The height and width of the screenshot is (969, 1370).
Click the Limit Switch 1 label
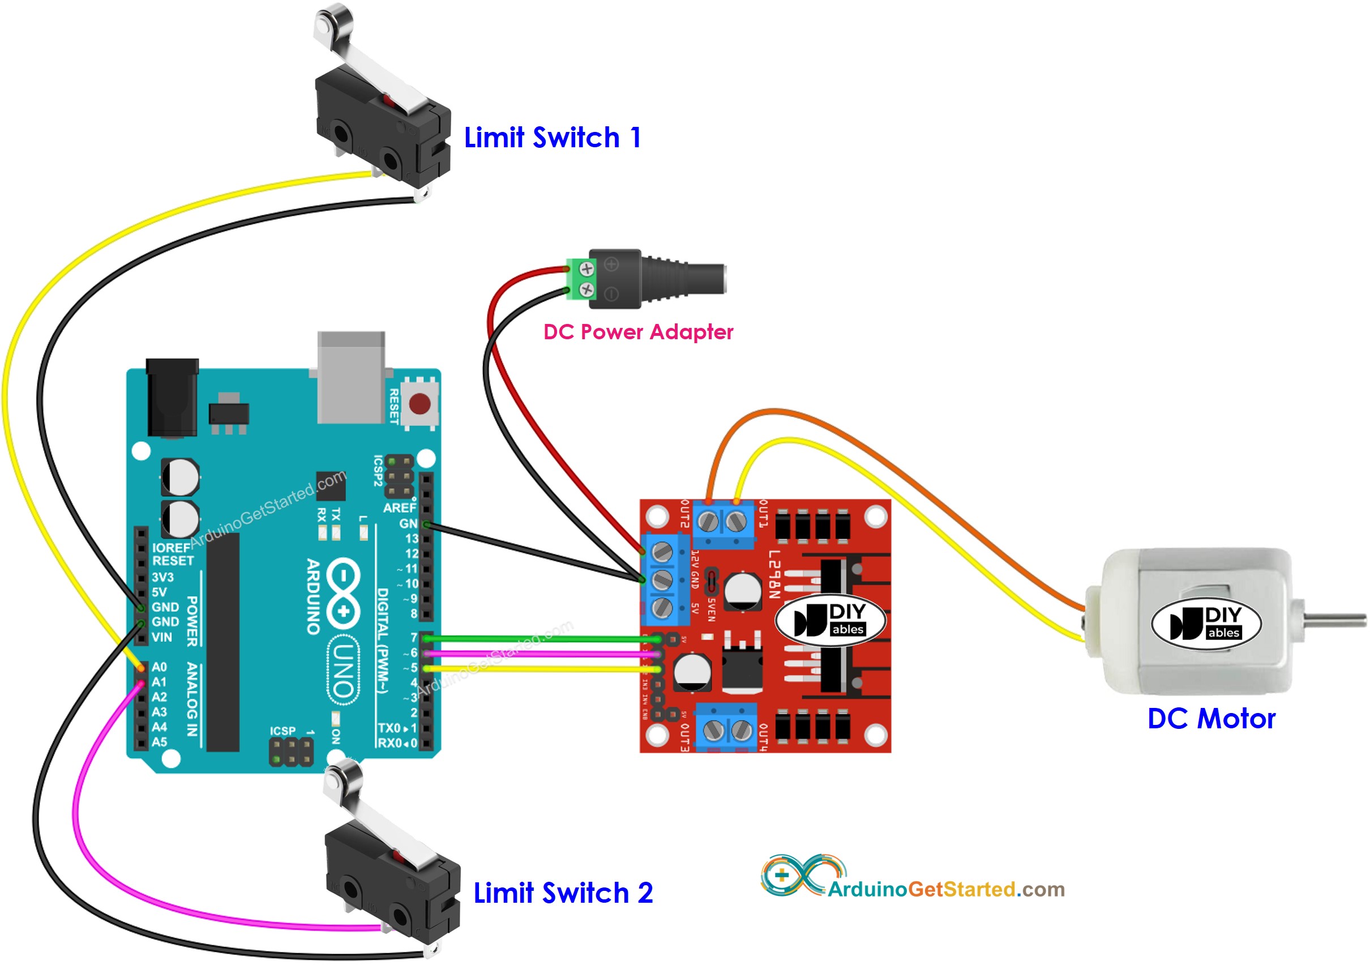[x=553, y=138]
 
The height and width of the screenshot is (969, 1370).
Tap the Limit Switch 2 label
[x=563, y=893]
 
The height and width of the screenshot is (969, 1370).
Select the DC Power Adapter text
[x=638, y=332]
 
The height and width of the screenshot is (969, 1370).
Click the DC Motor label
[x=1211, y=719]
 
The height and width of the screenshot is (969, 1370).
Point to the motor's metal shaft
[x=1337, y=621]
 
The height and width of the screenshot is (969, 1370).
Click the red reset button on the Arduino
[x=419, y=404]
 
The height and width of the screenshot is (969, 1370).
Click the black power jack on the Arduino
[x=172, y=397]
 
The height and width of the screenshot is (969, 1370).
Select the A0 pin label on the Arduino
[x=159, y=667]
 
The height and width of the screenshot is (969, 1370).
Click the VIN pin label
[x=162, y=637]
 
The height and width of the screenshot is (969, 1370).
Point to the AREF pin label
[x=399, y=508]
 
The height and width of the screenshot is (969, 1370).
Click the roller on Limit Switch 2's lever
[x=343, y=777]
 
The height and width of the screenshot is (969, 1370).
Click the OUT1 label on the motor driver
[x=763, y=515]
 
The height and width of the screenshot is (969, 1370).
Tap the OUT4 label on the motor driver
[x=763, y=737]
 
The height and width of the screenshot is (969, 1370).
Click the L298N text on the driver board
[x=773, y=574]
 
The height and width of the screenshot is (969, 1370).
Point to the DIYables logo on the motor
[x=1206, y=624]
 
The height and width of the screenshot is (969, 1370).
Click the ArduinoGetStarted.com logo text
[x=946, y=890]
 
